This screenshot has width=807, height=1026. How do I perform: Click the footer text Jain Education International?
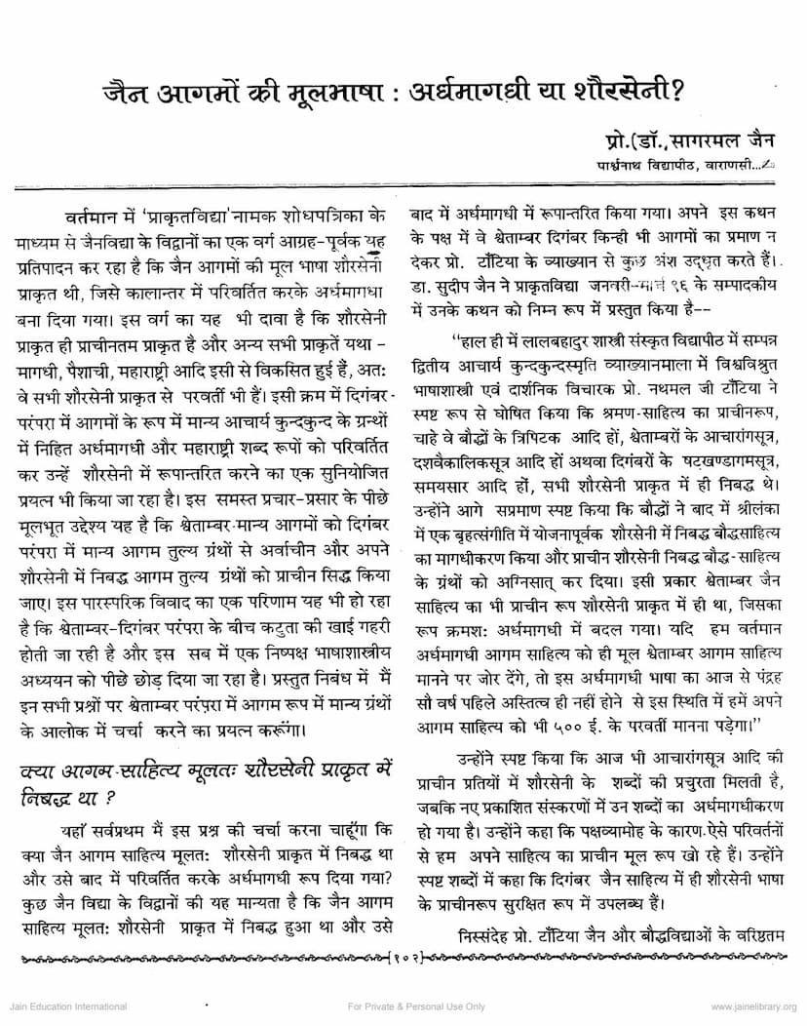[66, 1006]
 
